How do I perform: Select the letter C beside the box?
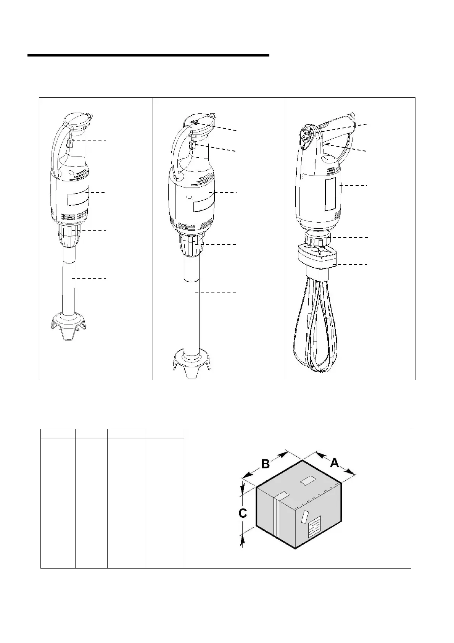(x=243, y=514)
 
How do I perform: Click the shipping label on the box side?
(x=314, y=528)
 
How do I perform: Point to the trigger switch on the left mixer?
(x=69, y=144)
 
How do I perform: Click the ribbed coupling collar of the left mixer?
(x=70, y=236)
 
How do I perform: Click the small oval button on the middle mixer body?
(x=189, y=197)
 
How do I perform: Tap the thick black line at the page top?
(x=148, y=56)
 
